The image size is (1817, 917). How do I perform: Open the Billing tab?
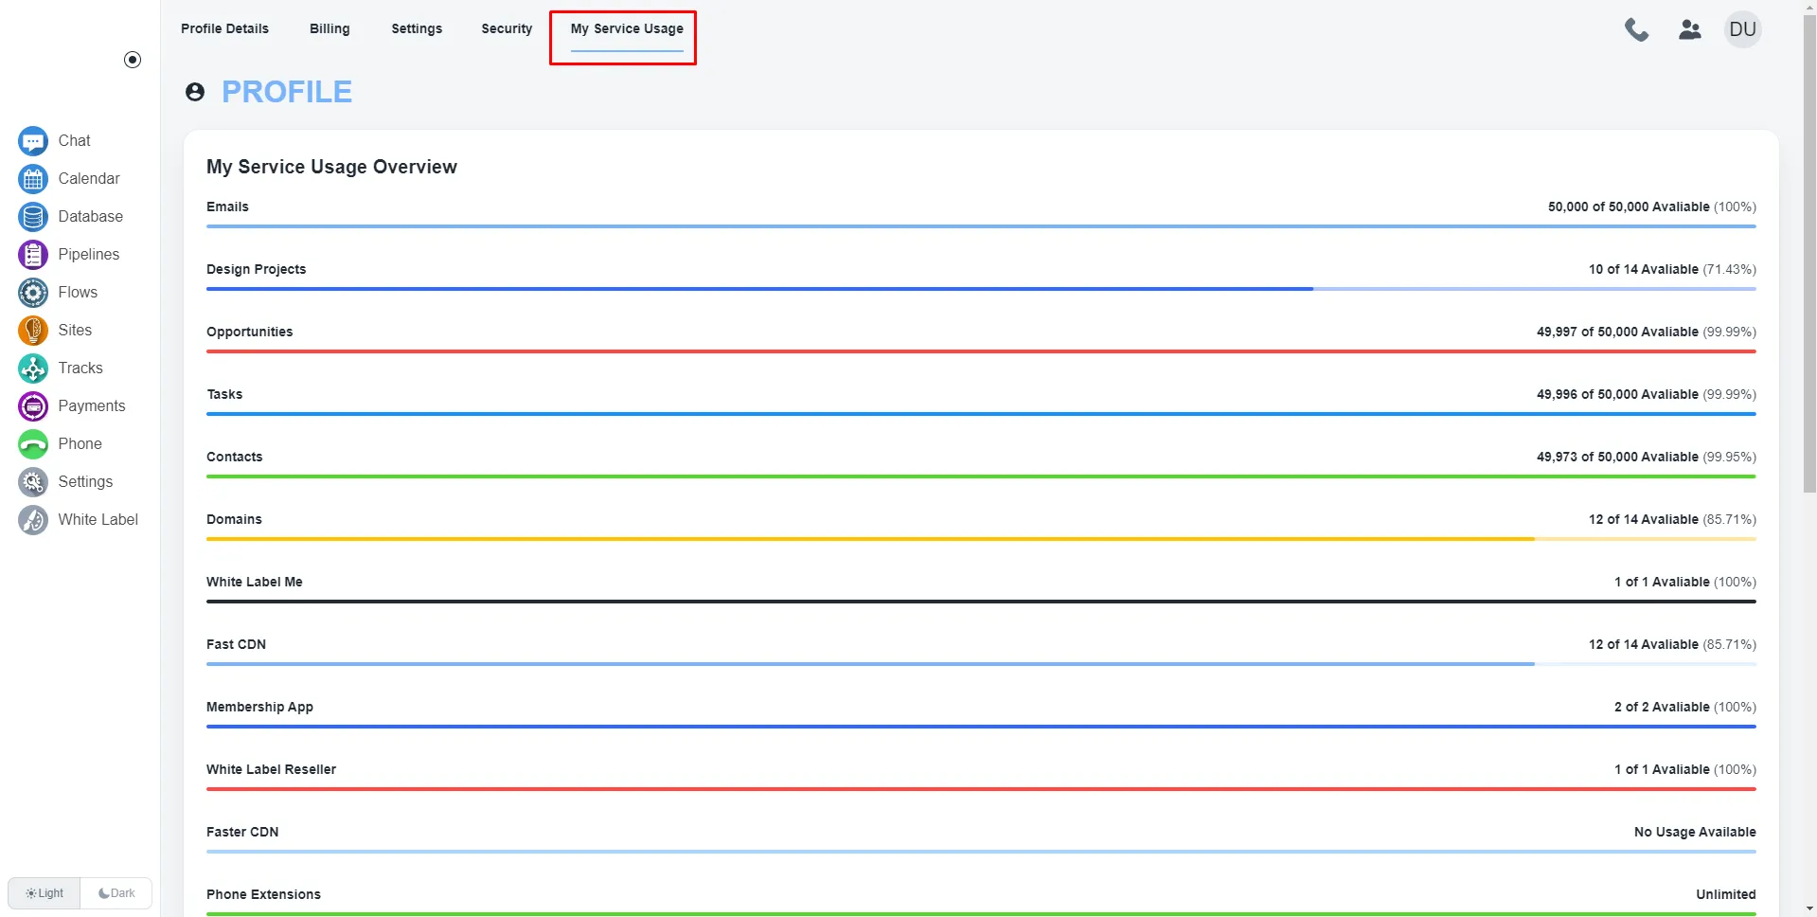coord(330,28)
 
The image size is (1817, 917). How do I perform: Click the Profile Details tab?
coord(224,28)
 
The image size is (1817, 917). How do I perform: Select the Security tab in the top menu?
coord(507,28)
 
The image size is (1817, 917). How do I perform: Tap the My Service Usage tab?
coord(626,28)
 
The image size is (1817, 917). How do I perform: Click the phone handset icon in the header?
coord(1636,30)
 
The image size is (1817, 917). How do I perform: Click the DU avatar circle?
coord(1742,29)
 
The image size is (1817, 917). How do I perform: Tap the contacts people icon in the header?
coord(1690,30)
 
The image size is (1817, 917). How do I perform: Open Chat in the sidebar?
coord(74,141)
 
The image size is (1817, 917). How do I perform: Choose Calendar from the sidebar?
coord(88,179)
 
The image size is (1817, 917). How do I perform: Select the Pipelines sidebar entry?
coord(88,255)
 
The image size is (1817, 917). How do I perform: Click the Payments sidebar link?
coord(91,406)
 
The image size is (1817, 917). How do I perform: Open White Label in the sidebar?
coord(98,520)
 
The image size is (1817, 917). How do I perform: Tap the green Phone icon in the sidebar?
coord(33,444)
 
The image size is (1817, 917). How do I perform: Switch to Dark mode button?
coord(116,893)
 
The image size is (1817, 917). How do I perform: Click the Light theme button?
coord(45,893)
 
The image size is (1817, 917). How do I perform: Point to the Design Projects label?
coord(256,269)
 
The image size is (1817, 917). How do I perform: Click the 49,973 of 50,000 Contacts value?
coord(1616,457)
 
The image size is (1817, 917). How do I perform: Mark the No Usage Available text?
coord(1694,832)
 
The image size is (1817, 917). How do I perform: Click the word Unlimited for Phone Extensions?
coord(1725,894)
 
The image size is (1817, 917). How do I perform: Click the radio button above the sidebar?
coord(133,60)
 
